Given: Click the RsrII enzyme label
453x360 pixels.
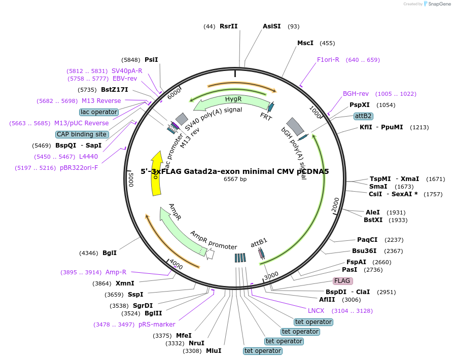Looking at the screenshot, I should [228, 26].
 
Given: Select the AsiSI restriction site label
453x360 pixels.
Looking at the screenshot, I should [271, 26].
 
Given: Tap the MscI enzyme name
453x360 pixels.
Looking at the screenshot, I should [305, 43].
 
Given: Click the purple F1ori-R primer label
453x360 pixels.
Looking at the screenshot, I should [328, 60].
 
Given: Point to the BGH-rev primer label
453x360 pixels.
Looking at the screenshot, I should [356, 94].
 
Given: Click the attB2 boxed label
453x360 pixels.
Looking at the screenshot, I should [363, 116].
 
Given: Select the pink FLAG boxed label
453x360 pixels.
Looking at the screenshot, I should [342, 281].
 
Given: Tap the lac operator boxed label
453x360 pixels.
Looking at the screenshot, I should [99, 112].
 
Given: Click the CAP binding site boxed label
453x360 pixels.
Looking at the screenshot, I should [82, 134].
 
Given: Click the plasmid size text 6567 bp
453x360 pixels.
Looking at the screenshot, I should [235, 179].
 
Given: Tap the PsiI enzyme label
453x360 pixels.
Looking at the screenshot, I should [151, 59].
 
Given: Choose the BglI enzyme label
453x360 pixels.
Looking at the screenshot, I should [109, 253].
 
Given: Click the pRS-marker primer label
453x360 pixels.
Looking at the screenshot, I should [157, 325].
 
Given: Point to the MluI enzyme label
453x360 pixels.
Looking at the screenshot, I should [213, 351].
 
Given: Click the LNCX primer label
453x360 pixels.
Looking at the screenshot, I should [316, 311].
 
